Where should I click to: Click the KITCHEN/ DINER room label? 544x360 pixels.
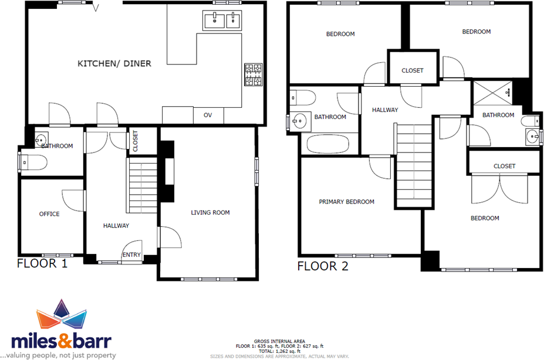[114, 63]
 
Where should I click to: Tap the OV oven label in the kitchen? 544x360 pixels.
[208, 115]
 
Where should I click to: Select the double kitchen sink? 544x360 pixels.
[222, 21]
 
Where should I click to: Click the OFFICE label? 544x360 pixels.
[49, 214]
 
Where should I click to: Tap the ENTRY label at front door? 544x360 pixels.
[131, 254]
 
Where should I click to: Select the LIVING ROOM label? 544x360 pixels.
[210, 212]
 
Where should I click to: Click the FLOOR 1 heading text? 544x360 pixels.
[42, 263]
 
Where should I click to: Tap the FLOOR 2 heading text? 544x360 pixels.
[323, 267]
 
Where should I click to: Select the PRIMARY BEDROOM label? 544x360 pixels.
[346, 202]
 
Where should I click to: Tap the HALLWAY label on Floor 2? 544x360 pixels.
[385, 110]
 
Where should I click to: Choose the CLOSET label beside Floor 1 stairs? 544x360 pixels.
[135, 141]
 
